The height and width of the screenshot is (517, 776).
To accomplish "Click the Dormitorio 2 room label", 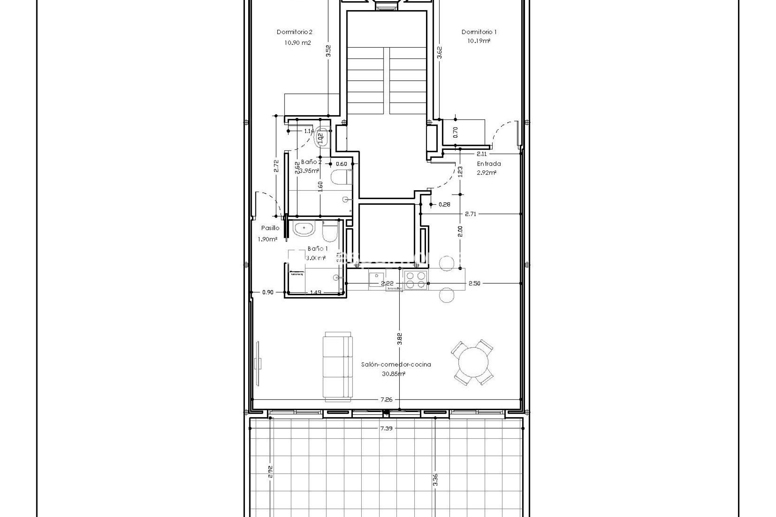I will [294, 32].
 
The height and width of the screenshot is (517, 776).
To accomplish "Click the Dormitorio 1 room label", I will [479, 32].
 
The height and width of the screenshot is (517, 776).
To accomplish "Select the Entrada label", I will [489, 164].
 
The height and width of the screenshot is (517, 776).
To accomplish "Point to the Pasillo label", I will [270, 228].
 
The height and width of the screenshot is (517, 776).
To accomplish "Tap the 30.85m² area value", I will [393, 374].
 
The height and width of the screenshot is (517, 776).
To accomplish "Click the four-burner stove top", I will [415, 280].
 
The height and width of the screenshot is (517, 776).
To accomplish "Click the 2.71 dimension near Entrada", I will [470, 214].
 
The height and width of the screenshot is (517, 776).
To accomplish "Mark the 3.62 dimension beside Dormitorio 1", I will [440, 53].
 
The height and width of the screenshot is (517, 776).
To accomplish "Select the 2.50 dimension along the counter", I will [474, 284].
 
